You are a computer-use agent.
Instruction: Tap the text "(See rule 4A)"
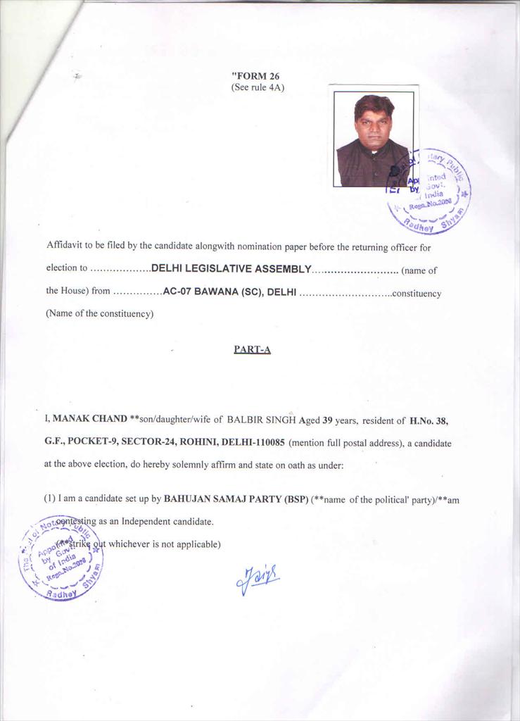point(258,87)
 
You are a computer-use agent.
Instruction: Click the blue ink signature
point(258,579)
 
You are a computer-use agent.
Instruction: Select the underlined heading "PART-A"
point(252,349)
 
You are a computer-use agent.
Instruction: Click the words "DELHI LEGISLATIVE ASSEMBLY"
point(232,269)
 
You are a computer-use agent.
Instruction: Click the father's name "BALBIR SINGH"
point(261,420)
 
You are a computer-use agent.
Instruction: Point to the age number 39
point(327,420)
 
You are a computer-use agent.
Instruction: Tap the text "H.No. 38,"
point(429,420)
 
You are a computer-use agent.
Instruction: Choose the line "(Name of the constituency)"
point(99,314)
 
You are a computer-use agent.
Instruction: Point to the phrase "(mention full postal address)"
point(340,443)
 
